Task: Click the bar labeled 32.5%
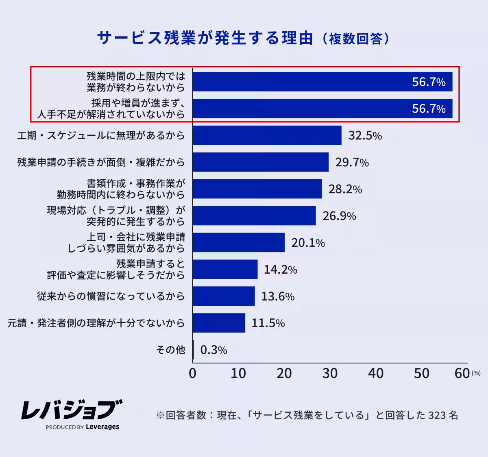point(267,135)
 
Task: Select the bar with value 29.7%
point(260,162)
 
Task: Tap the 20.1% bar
point(238,243)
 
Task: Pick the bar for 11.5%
point(219,323)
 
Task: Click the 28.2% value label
point(345,189)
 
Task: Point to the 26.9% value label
point(339,216)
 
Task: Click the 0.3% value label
point(213,350)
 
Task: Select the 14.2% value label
point(280,270)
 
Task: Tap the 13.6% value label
point(277,296)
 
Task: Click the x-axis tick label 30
point(330,373)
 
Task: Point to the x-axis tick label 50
point(421,373)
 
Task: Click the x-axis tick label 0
point(193,373)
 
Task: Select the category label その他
point(170,350)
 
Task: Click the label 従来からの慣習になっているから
point(111,296)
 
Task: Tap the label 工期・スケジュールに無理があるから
point(101,135)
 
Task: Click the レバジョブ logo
point(72,410)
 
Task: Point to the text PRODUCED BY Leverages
point(83,427)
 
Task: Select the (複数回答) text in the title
point(356,39)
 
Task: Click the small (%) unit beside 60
point(476,373)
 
